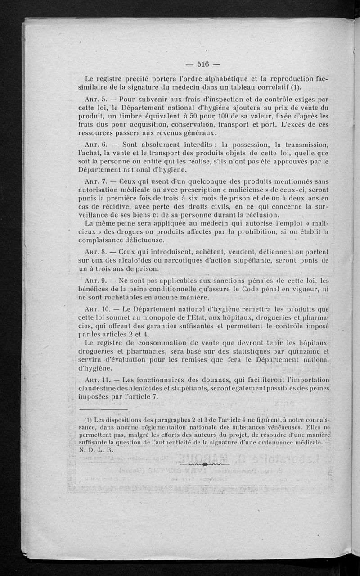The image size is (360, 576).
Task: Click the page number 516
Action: point(204,63)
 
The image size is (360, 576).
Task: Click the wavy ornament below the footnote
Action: point(204,463)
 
